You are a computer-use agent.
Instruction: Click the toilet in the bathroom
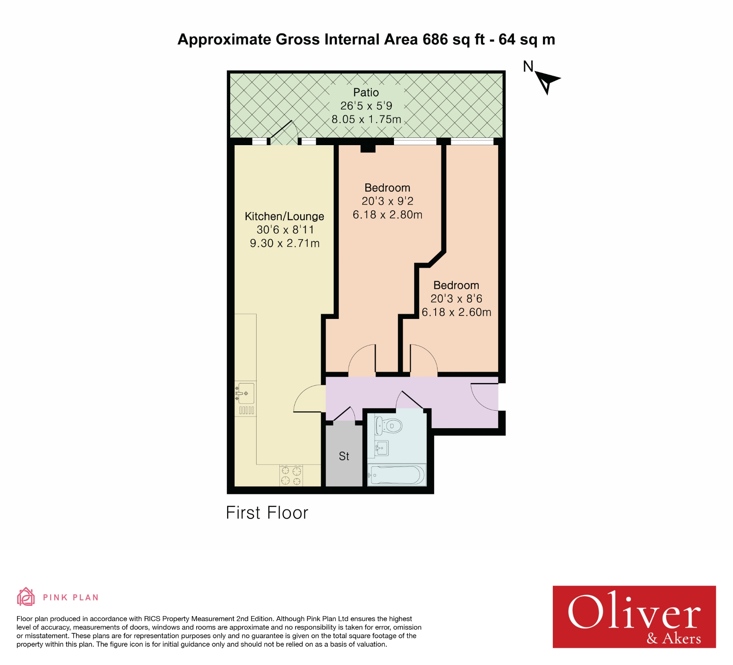(x=389, y=426)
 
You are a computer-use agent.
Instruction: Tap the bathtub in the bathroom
(x=396, y=475)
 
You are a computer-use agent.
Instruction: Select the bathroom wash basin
(x=381, y=448)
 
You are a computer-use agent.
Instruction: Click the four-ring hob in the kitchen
(x=291, y=476)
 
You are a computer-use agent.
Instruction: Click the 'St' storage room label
(x=344, y=456)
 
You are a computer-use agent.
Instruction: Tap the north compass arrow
(x=547, y=81)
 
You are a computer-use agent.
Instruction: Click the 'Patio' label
(x=366, y=92)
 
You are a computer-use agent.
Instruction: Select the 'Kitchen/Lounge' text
(x=284, y=216)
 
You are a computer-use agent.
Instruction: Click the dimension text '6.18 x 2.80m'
(x=387, y=215)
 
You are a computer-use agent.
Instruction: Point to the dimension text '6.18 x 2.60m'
(x=456, y=312)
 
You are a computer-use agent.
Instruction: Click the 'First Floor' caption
(x=267, y=513)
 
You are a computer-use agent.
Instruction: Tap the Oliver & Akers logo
(x=634, y=616)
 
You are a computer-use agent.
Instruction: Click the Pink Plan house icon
(x=26, y=597)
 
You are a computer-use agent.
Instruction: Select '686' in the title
(x=435, y=39)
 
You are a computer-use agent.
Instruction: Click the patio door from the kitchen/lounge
(x=283, y=134)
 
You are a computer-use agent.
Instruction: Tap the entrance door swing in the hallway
(x=484, y=397)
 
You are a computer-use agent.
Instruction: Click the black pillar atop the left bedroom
(x=368, y=148)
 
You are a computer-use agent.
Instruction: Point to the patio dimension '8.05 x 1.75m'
(x=366, y=119)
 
